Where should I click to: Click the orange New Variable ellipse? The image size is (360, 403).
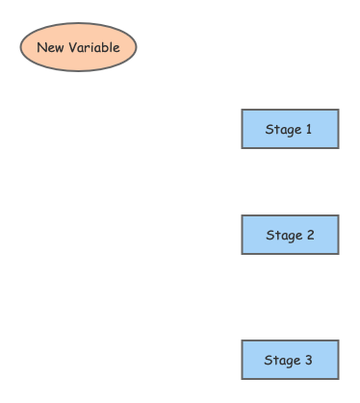coord(78,47)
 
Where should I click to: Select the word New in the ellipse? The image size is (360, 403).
coord(50,47)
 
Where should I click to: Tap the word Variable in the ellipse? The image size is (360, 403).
coord(93,47)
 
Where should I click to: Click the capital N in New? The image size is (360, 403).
coord(41,47)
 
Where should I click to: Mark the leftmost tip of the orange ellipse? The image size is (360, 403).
coord(20,47)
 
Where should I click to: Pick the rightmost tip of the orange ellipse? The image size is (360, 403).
coord(137,47)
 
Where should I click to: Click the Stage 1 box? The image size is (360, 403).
coord(290,129)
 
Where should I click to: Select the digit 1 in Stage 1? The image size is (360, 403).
coord(308,129)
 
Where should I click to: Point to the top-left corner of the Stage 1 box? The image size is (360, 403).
coord(242,110)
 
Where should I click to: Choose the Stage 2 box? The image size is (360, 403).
coord(290,235)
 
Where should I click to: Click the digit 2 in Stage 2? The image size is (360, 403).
coord(309,235)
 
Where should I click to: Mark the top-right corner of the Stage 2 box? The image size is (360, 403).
coord(338,215)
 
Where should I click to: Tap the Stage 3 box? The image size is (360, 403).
coord(290,360)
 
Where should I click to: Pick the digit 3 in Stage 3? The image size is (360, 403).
coord(309,360)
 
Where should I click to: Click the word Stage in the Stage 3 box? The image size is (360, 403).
coord(282,360)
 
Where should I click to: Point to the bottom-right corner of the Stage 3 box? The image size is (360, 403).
coord(338,379)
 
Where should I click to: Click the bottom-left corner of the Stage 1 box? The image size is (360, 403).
coord(242,148)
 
